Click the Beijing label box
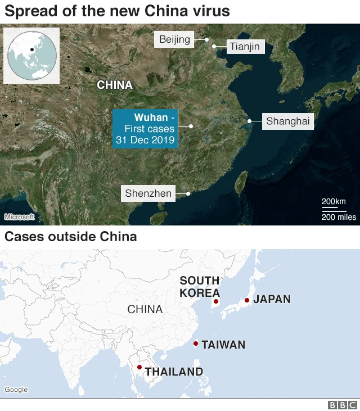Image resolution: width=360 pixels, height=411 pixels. point(175,39)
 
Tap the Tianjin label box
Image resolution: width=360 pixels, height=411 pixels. point(244,46)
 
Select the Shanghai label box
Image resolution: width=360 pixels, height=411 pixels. point(288,121)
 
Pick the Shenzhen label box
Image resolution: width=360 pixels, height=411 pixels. point(148,193)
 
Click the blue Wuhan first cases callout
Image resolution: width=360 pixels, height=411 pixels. point(145,129)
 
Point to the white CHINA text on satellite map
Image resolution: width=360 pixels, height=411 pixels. point(115,85)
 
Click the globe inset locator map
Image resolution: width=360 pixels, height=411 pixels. point(31,54)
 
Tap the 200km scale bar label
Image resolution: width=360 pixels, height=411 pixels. point(334,202)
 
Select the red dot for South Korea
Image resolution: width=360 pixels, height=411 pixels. point(216,302)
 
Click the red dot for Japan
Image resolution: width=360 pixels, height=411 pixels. point(246,300)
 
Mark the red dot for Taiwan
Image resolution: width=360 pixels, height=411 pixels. point(195,344)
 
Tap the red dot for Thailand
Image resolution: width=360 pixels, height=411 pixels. point(139,367)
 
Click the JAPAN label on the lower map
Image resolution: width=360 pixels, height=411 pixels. point(272,299)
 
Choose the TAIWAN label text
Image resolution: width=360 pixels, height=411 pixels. point(223,345)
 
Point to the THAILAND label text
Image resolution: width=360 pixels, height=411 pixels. point(174,372)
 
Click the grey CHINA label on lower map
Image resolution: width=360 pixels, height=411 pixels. point(145,309)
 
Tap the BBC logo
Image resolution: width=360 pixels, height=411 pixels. point(342,405)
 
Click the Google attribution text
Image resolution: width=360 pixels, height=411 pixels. point(16,390)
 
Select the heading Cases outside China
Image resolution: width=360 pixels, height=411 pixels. point(71,237)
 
